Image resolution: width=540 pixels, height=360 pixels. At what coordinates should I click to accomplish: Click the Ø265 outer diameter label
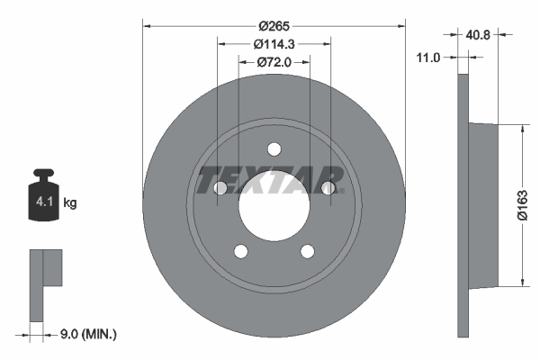click(273, 27)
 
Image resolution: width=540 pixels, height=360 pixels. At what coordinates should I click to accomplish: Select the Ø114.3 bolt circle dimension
click(274, 44)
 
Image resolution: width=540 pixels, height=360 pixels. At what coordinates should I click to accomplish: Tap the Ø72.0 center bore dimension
click(274, 62)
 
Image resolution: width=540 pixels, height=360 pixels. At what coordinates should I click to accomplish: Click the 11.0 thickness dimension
click(429, 58)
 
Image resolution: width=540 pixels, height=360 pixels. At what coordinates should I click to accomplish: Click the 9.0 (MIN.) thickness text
click(85, 334)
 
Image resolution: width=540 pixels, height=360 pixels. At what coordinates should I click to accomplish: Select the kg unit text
click(70, 203)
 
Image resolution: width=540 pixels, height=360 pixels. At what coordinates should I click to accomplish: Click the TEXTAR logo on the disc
click(271, 179)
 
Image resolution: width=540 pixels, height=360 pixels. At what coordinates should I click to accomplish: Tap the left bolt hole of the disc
click(220, 188)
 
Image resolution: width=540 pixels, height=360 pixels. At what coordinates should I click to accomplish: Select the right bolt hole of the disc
click(328, 188)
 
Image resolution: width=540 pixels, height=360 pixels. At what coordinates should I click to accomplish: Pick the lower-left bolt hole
click(240, 251)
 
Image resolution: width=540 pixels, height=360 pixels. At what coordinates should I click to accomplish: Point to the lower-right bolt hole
click(308, 251)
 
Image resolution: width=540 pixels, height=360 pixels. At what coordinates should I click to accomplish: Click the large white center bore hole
click(274, 205)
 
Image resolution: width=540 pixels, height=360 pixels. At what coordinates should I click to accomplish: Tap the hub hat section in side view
click(483, 205)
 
